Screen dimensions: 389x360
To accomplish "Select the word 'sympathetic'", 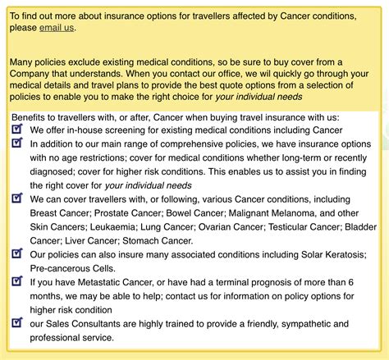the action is (287, 324).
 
